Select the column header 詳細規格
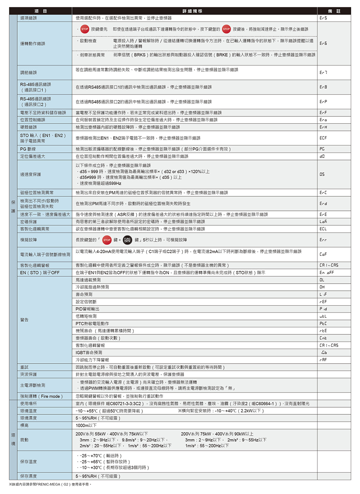(194, 11)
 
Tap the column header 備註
(334, 11)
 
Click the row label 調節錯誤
(29, 72)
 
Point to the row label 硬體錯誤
(29, 127)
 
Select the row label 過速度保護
(31, 174)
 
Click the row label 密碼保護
(29, 222)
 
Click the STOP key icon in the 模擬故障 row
(107, 240)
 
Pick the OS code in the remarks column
(322, 174)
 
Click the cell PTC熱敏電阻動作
(92, 323)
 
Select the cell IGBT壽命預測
(89, 352)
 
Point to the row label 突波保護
(29, 374)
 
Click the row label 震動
(24, 440)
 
